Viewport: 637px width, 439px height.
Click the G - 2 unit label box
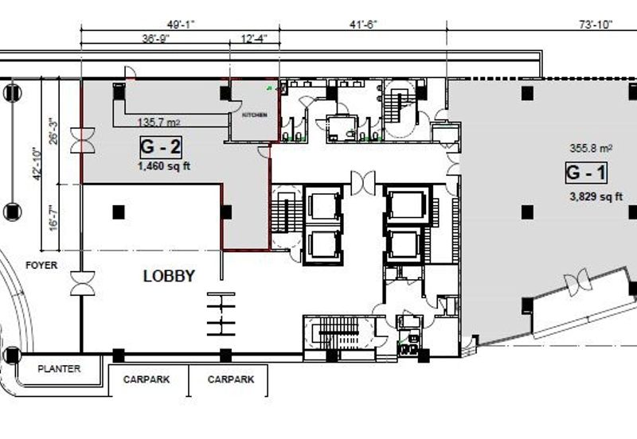[161, 147]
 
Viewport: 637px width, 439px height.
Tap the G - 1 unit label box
[586, 173]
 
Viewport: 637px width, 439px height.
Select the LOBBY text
[169, 276]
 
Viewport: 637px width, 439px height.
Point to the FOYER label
[41, 266]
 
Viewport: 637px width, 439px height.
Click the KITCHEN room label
[255, 115]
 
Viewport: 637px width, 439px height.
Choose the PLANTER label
[59, 369]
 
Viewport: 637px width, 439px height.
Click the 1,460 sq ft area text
[164, 166]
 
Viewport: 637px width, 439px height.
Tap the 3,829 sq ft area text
[596, 196]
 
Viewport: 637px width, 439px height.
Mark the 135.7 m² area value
[158, 122]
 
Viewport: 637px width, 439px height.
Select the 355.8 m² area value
[591, 148]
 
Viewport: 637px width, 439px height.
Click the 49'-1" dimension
[182, 25]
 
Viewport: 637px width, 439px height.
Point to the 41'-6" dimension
[364, 25]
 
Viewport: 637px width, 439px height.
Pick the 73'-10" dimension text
[596, 25]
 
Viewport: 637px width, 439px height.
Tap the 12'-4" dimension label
[254, 38]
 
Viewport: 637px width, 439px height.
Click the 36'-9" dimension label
[155, 38]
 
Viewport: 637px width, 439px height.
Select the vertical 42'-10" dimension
[37, 164]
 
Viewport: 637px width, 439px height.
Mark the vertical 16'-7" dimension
[53, 219]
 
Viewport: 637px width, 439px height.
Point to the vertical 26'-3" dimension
[53, 130]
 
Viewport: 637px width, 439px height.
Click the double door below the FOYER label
[83, 283]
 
